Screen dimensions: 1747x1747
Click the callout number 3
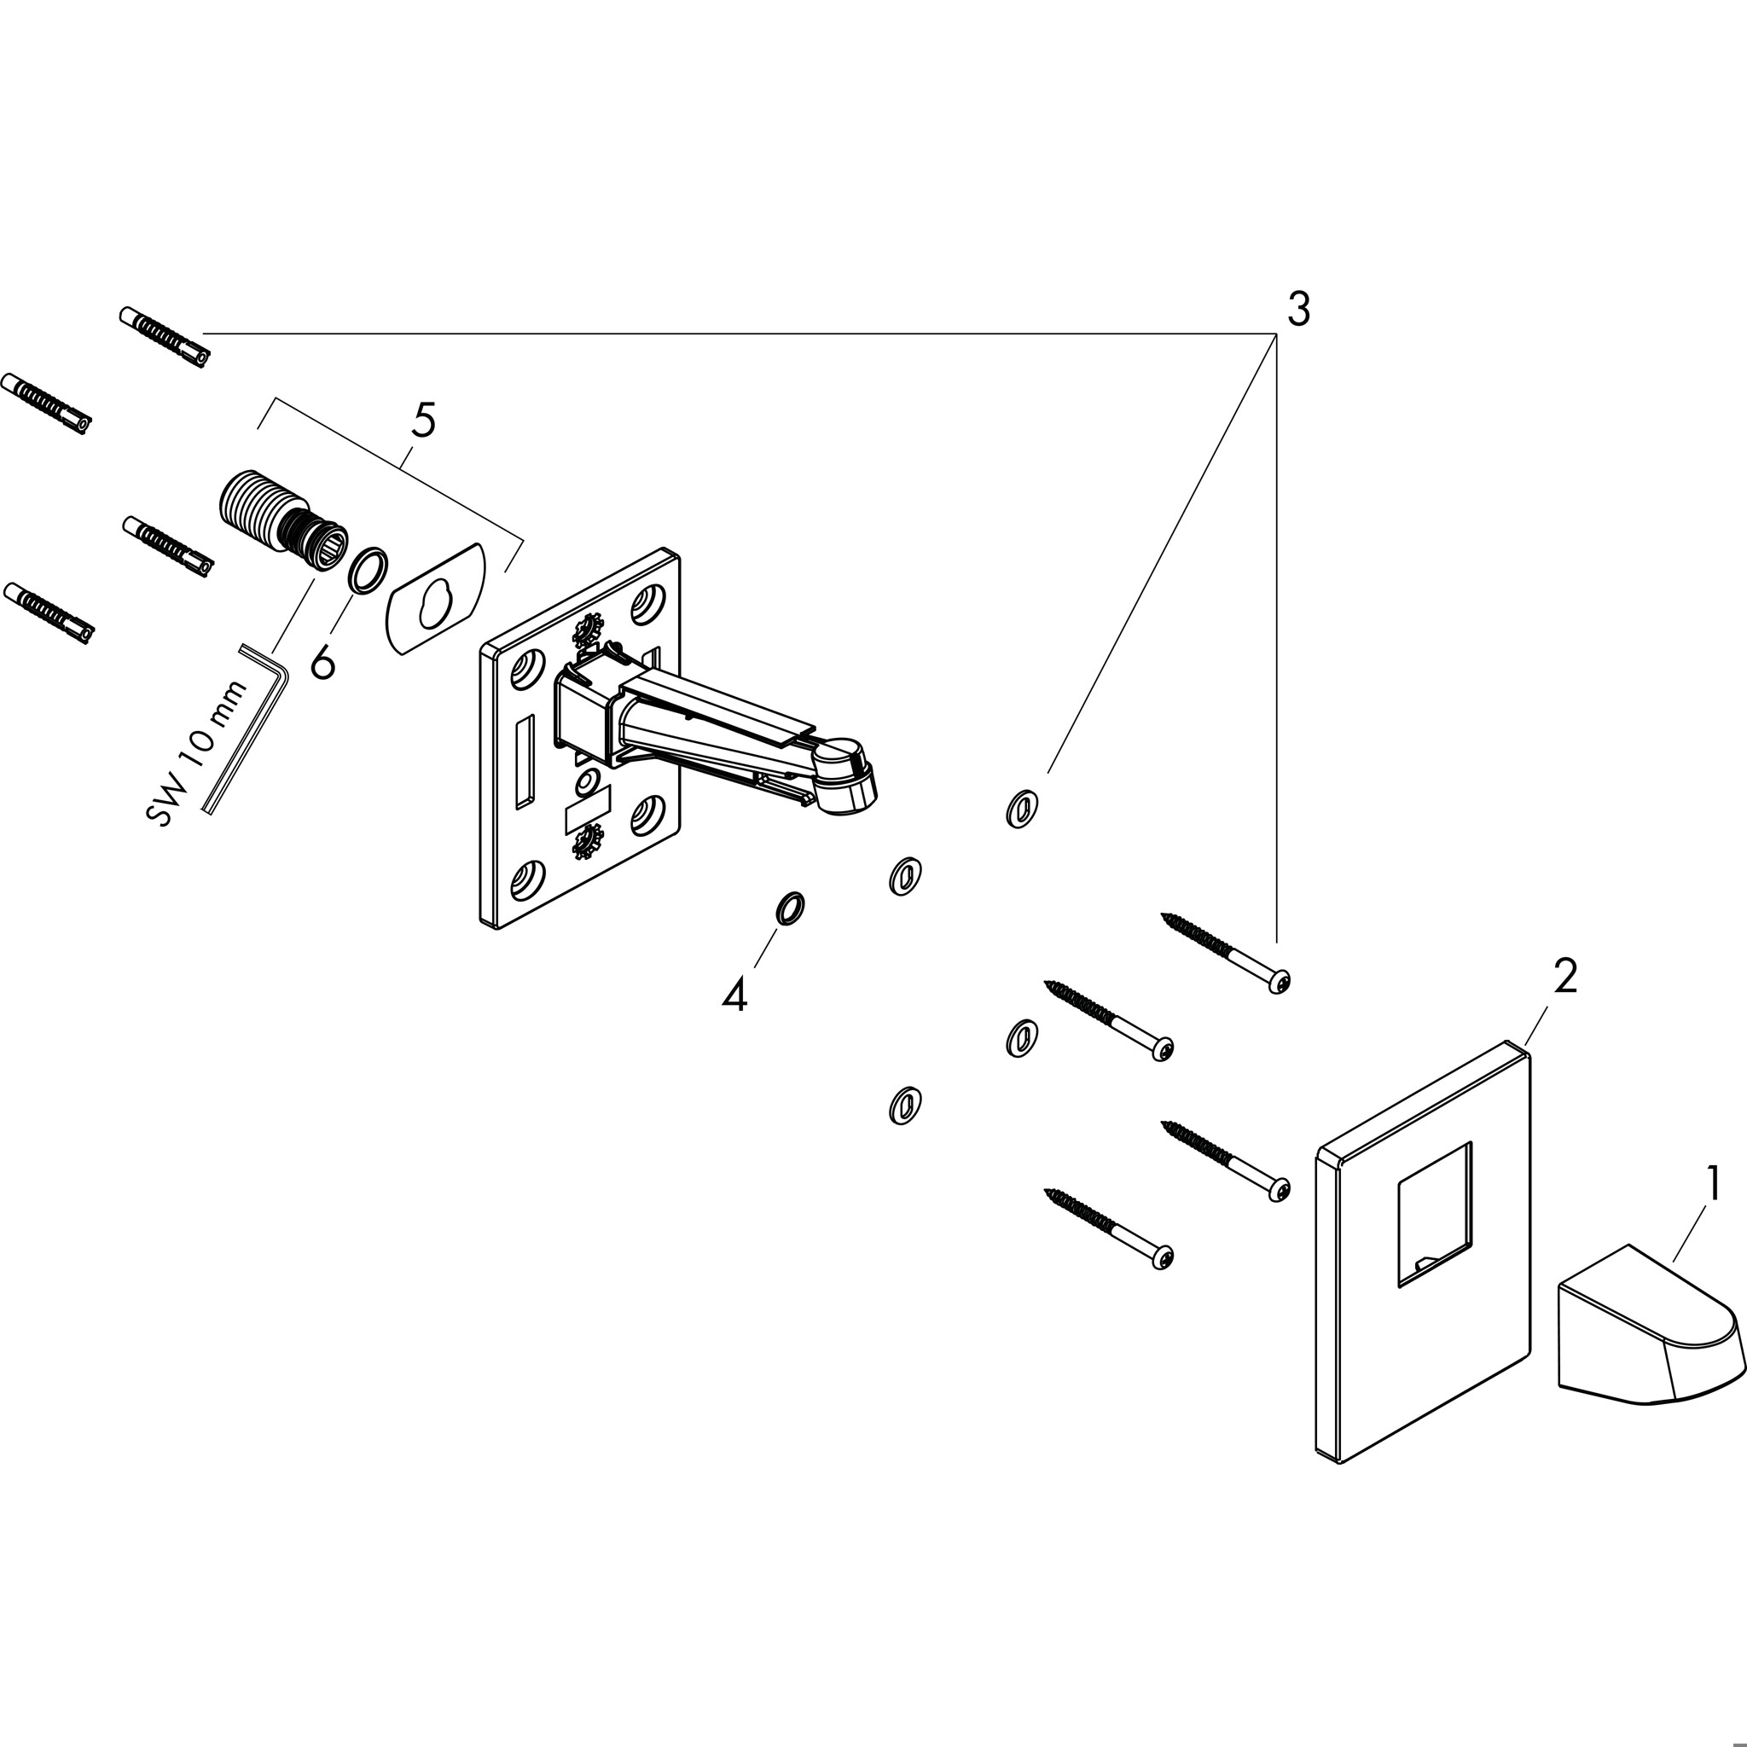pyautogui.click(x=1297, y=311)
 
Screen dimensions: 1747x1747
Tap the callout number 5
pyautogui.click(x=423, y=421)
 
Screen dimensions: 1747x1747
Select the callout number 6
pyautogui.click(x=322, y=663)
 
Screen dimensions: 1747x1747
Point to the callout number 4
pyautogui.click(x=734, y=995)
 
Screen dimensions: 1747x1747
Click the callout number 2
pyautogui.click(x=1565, y=977)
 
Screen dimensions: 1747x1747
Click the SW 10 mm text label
pyautogui.click(x=195, y=754)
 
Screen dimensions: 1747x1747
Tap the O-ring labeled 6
pyautogui.click(x=368, y=571)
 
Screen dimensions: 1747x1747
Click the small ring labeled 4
pyautogui.click(x=789, y=908)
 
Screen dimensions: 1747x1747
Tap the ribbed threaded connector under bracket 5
pyautogui.click(x=280, y=524)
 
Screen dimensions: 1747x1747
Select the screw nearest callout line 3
pyautogui.click(x=1225, y=954)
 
